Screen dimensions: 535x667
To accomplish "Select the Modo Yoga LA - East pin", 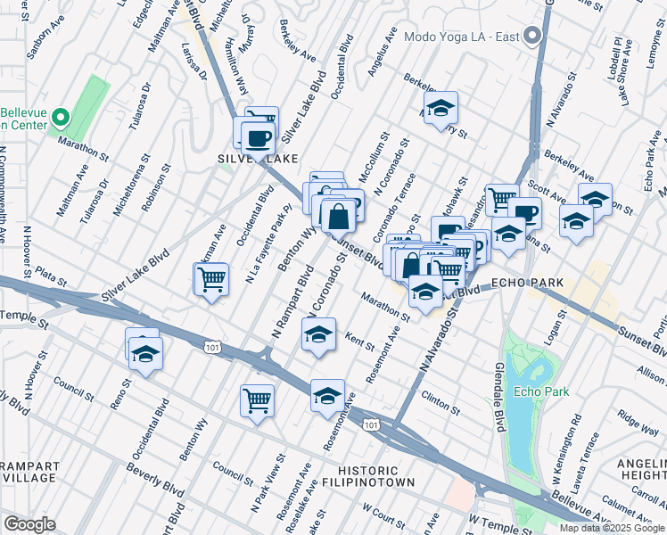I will click(x=533, y=37).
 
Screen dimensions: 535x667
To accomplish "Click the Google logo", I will click(x=29, y=524).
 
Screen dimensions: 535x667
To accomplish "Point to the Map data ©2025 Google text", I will click(x=612, y=528).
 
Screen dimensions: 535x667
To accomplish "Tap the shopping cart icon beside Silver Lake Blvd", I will click(x=211, y=279).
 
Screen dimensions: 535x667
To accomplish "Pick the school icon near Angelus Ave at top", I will click(x=440, y=109).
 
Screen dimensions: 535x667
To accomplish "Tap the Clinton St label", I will click(x=441, y=404).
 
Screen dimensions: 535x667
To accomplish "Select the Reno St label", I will click(x=121, y=393).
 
